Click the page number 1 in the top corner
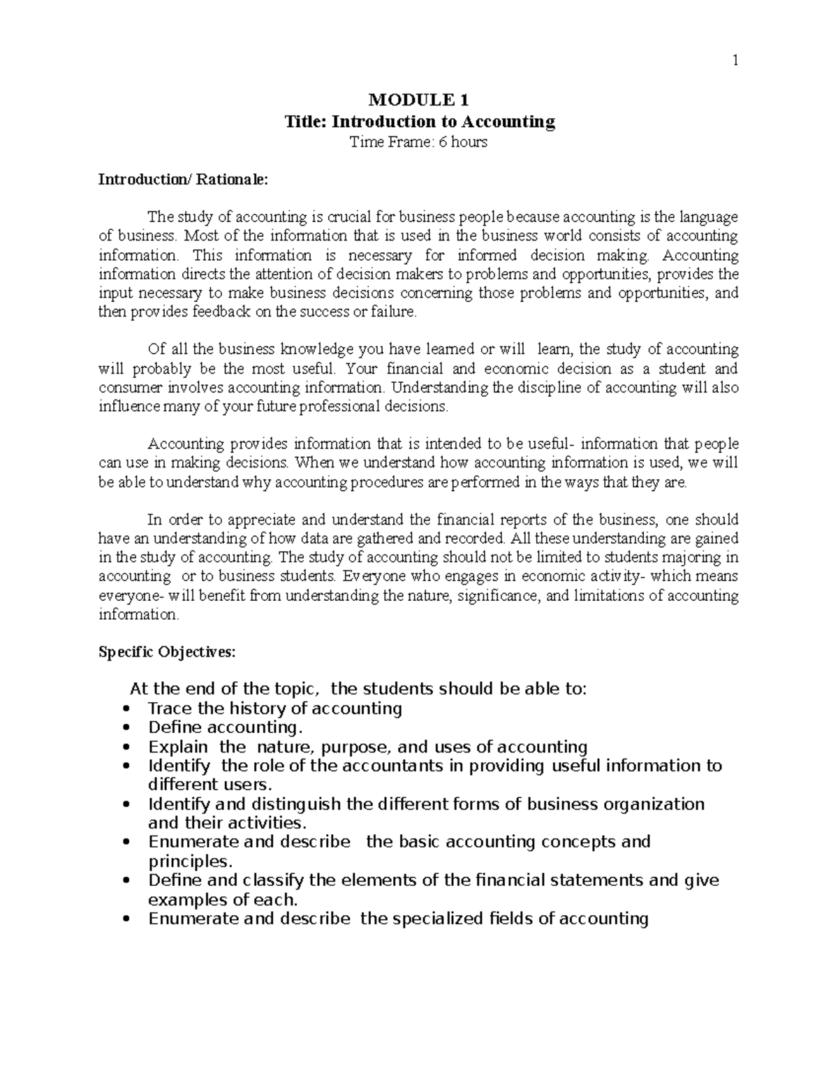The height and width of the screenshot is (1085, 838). pyautogui.click(x=734, y=61)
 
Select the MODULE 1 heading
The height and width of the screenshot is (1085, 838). pyautogui.click(x=418, y=100)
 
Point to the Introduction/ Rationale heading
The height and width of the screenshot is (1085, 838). pyautogui.click(x=182, y=180)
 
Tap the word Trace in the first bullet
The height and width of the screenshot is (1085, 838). pyautogui.click(x=170, y=708)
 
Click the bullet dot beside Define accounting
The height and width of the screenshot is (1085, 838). pyautogui.click(x=126, y=728)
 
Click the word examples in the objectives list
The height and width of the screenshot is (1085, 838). pyautogui.click(x=188, y=898)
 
